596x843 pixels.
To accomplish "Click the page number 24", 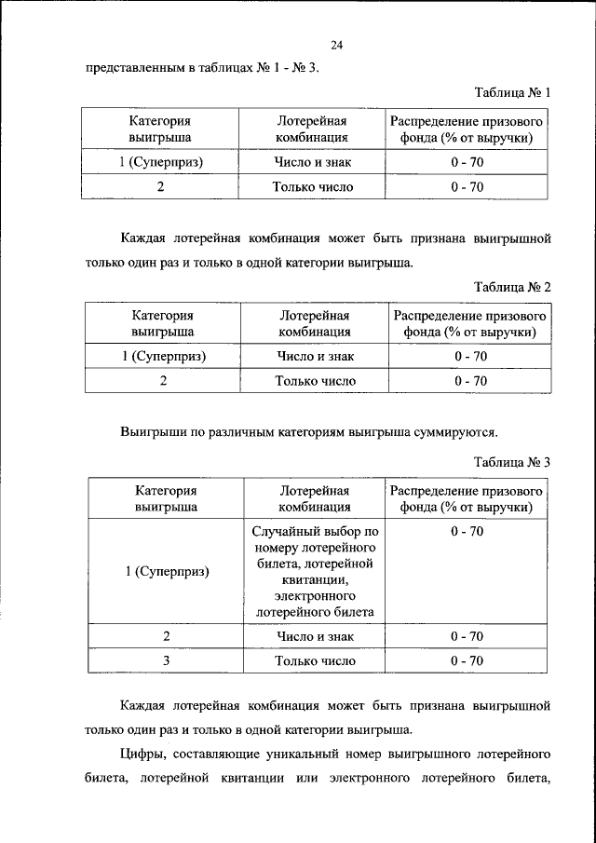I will pyautogui.click(x=337, y=45).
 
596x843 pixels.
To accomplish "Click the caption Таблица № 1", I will pyautogui.click(x=512, y=93).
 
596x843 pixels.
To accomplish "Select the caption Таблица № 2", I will pyautogui.click(x=512, y=286).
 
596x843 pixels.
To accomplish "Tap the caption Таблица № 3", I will pyautogui.click(x=512, y=462).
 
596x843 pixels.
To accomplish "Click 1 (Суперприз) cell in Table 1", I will pyautogui.click(x=160, y=162).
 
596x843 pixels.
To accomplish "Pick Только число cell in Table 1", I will pyautogui.click(x=313, y=186).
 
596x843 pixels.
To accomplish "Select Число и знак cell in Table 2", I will pyautogui.click(x=315, y=356).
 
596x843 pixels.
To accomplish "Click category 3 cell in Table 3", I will pyautogui.click(x=165, y=660).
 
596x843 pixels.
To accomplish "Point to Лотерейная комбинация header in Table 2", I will pyautogui.click(x=315, y=322).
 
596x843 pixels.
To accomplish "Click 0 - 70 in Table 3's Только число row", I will pyautogui.click(x=467, y=660).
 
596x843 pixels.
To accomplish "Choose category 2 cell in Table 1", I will pyautogui.click(x=160, y=186).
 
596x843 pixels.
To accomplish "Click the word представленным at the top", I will pyautogui.click(x=139, y=68).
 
